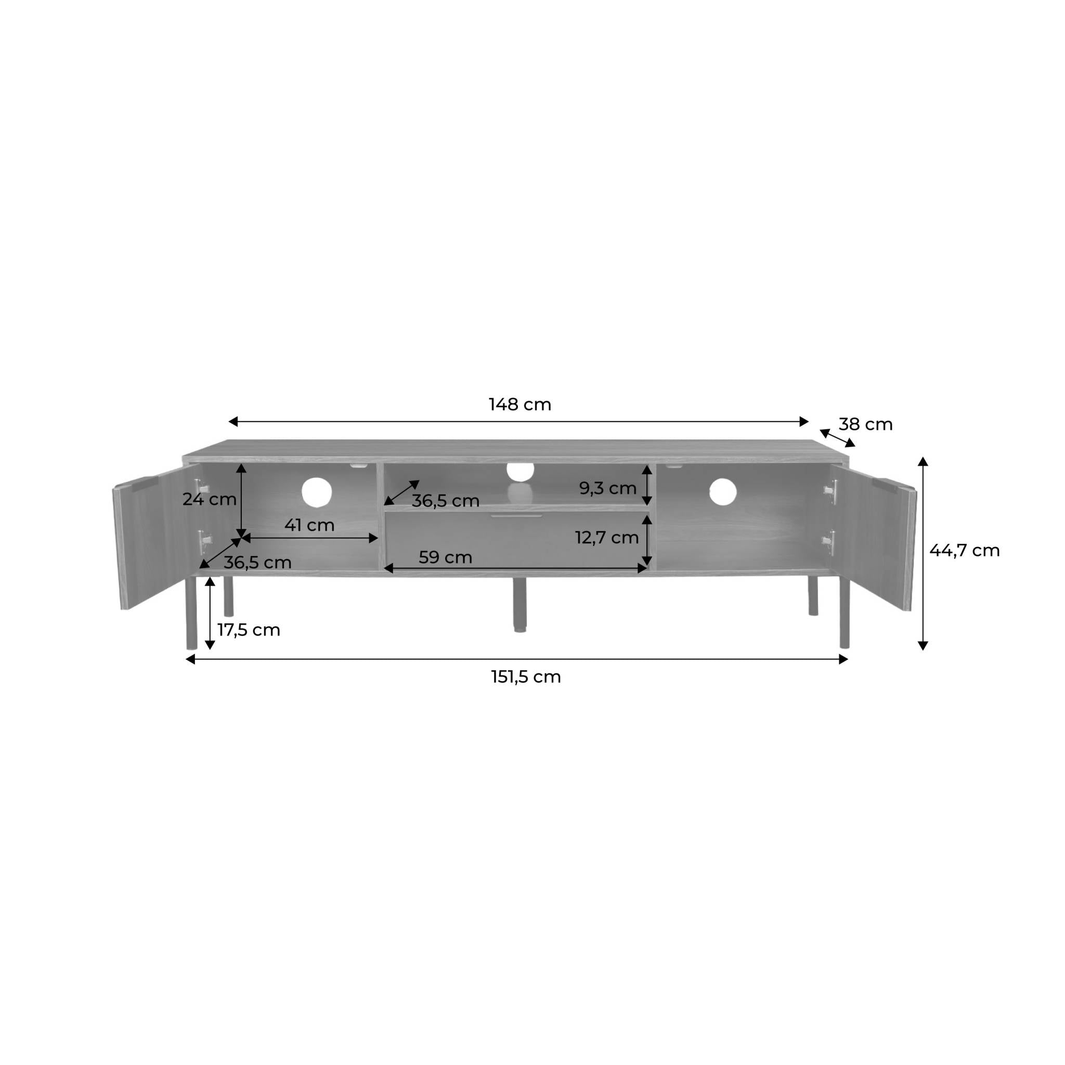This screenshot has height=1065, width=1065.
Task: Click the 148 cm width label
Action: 520,405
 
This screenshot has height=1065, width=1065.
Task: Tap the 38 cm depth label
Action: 865,424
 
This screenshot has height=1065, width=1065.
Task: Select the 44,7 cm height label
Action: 965,550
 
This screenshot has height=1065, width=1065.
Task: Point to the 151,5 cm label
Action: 526,677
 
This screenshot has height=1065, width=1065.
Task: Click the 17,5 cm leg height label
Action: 249,630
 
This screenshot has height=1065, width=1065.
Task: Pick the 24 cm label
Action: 210,499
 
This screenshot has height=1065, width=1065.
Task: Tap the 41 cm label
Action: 309,525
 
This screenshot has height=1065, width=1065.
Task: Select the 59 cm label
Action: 446,557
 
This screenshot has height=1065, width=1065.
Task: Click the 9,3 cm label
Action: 607,488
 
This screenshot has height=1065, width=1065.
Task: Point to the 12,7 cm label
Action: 607,538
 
